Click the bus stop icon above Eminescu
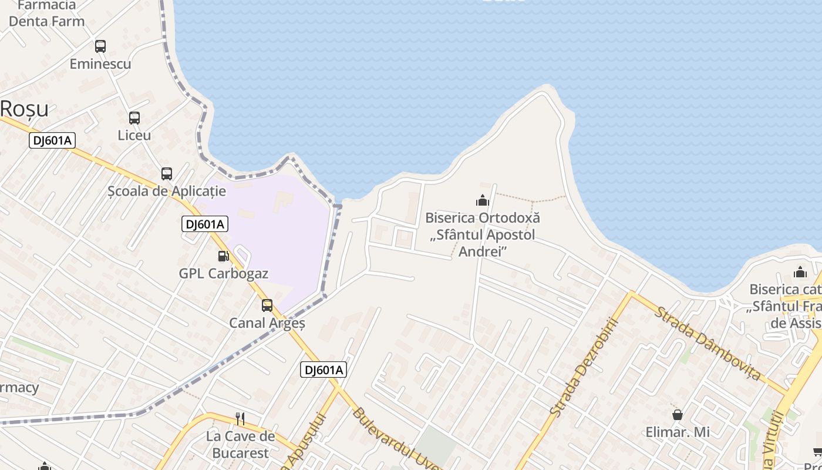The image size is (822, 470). pyautogui.click(x=100, y=46)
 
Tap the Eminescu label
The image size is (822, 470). pyautogui.click(x=100, y=64)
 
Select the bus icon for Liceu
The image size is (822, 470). pyautogui.click(x=134, y=117)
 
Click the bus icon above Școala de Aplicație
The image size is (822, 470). pyautogui.click(x=167, y=173)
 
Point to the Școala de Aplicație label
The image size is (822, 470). pyautogui.click(x=167, y=191)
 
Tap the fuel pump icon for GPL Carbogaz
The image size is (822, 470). pyautogui.click(x=223, y=256)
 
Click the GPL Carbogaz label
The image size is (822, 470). pyautogui.click(x=223, y=274)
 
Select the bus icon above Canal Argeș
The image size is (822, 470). pyautogui.click(x=267, y=305)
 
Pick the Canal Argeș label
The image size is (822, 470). pyautogui.click(x=267, y=323)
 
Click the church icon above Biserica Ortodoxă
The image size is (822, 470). pyautogui.click(x=483, y=200)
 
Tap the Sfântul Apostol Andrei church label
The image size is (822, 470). pyautogui.click(x=483, y=234)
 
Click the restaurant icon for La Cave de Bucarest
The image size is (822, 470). pyautogui.click(x=240, y=418)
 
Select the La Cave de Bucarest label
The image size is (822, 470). pyautogui.click(x=240, y=445)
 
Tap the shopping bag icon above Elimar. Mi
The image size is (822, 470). pyautogui.click(x=678, y=415)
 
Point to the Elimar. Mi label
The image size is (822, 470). pyautogui.click(x=678, y=432)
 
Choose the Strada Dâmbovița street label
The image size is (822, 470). pyautogui.click(x=708, y=343)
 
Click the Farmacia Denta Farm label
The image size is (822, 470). pyautogui.click(x=46, y=14)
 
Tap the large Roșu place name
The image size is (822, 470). pyautogui.click(x=24, y=109)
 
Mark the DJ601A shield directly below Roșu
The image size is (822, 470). pyautogui.click(x=52, y=140)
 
